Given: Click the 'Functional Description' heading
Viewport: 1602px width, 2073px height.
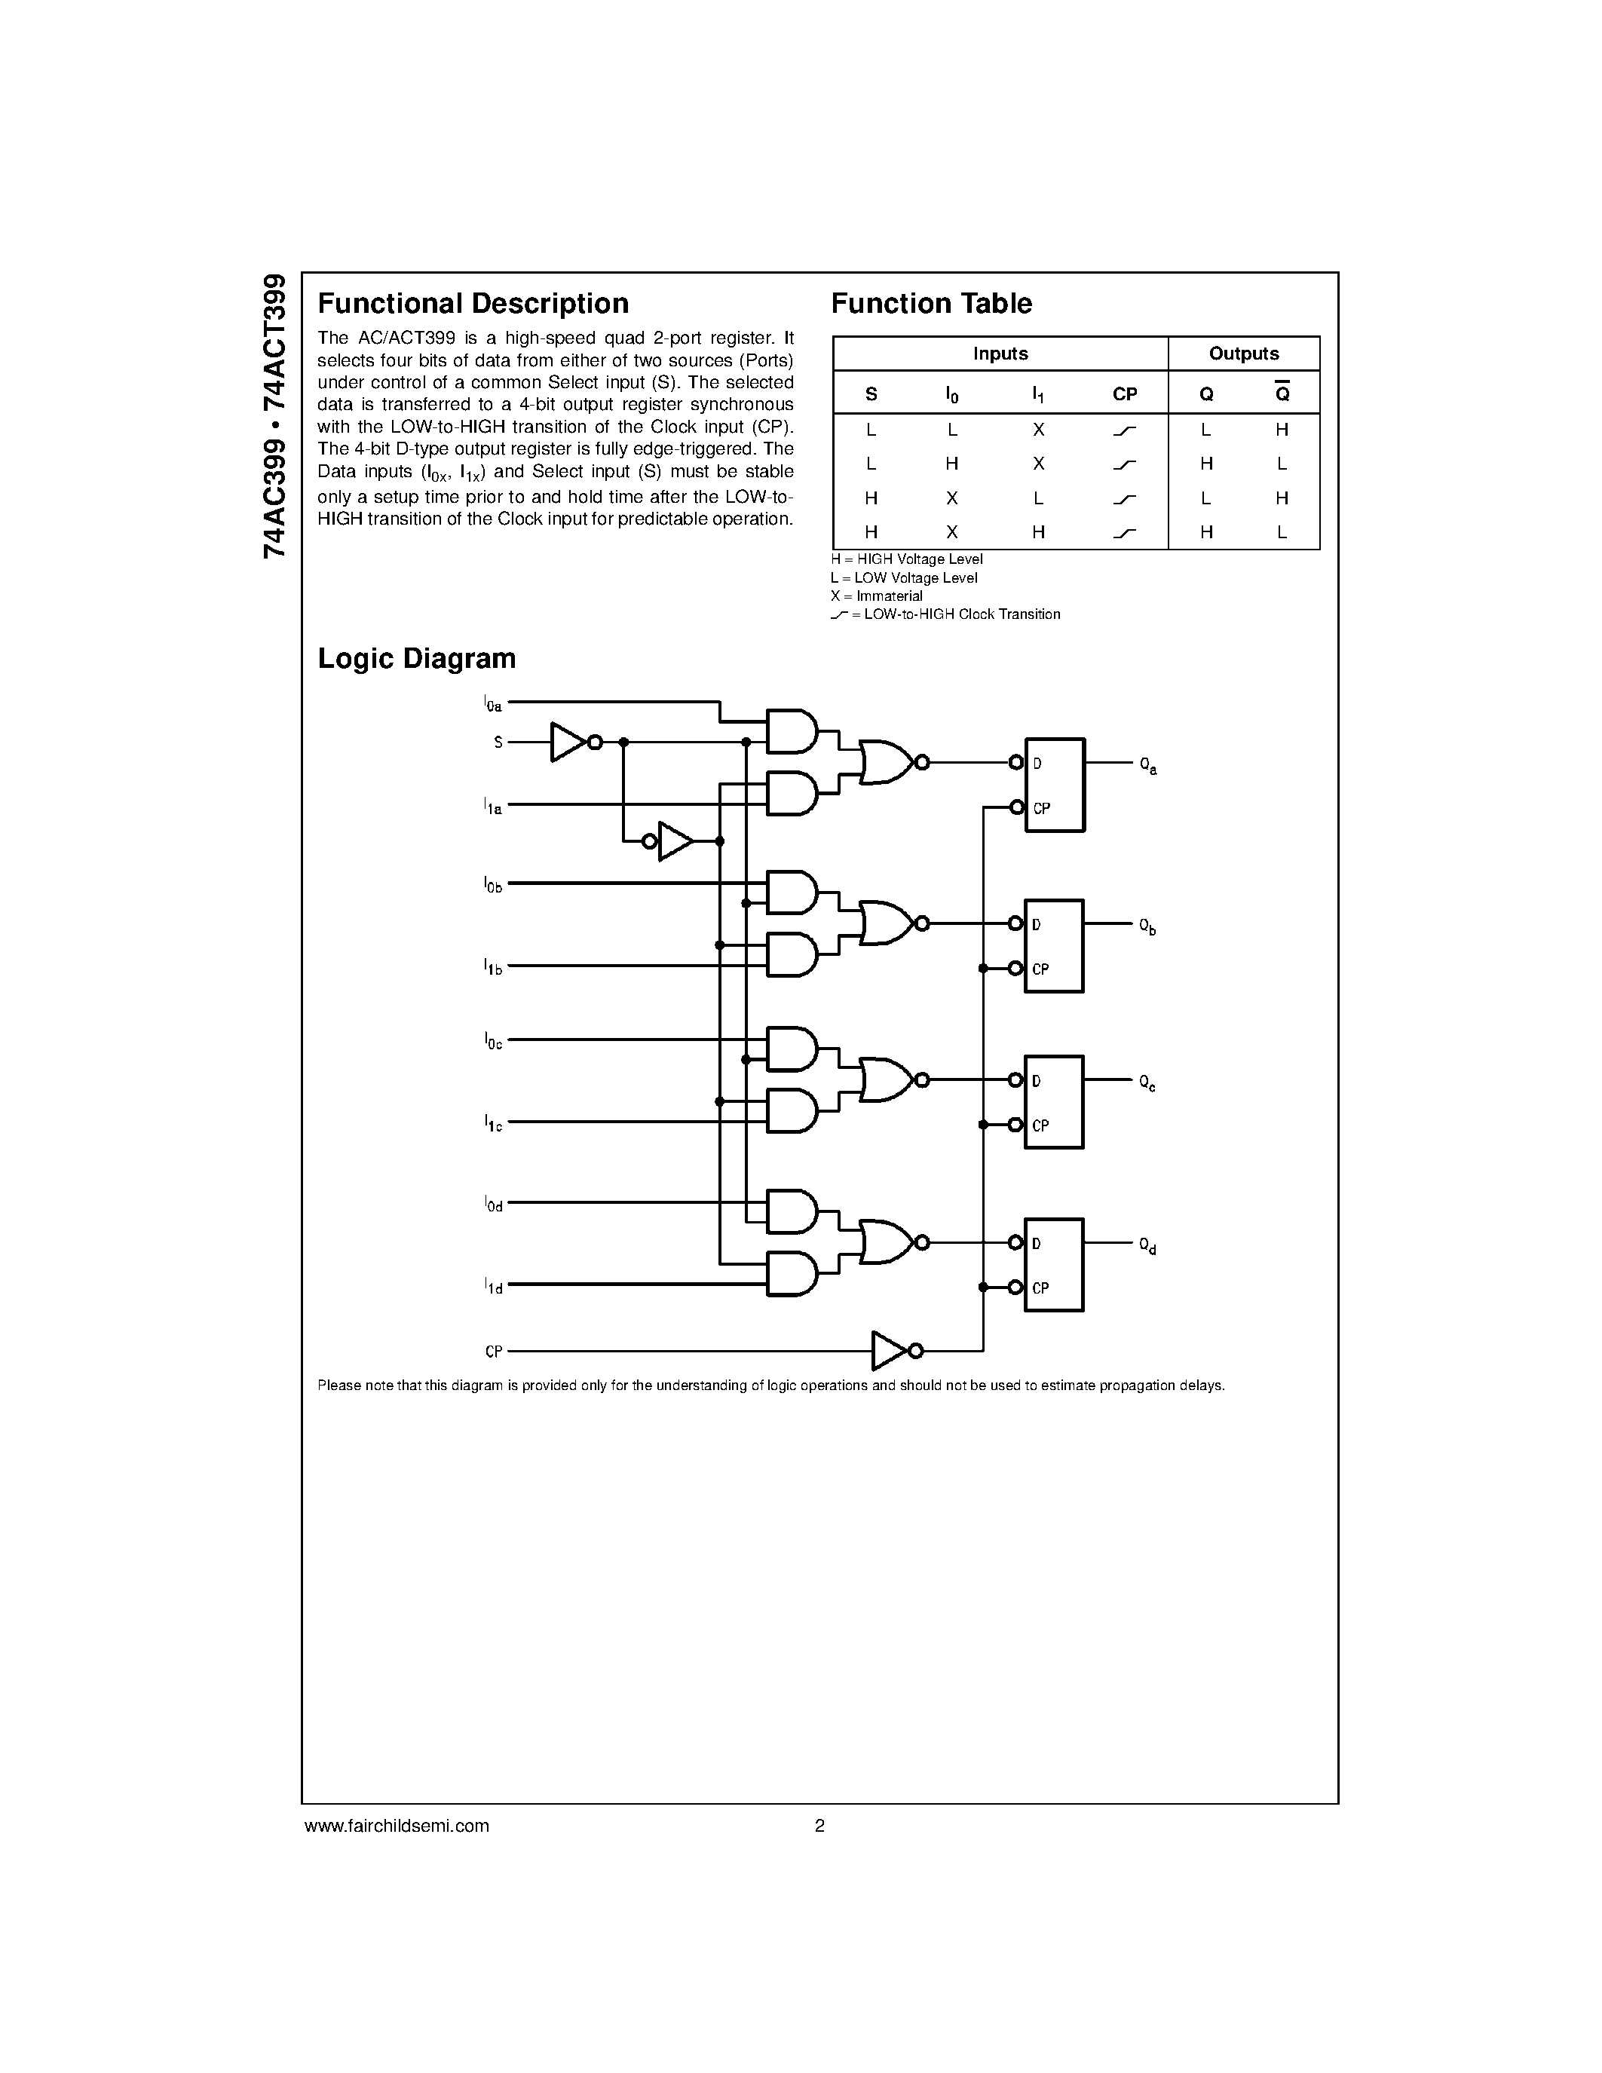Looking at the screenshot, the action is tap(473, 304).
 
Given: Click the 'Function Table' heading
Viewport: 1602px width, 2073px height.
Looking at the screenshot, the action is tap(931, 304).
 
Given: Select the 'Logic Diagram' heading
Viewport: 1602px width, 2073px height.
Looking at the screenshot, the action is tap(417, 659).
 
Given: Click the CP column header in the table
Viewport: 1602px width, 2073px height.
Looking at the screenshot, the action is tap(1125, 394).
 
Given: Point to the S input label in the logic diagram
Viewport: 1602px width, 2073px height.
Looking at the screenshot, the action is tap(498, 743).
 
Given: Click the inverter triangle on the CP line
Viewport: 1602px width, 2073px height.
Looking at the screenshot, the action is tap(890, 1351).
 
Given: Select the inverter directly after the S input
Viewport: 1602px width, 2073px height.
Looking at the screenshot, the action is tap(568, 743).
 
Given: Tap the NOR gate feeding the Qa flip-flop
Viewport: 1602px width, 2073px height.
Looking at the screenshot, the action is tap(887, 762).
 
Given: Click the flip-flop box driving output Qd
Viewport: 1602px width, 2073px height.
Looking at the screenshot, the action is tap(1053, 1264).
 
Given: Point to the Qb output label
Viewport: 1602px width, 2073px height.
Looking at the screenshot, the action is tap(1147, 926).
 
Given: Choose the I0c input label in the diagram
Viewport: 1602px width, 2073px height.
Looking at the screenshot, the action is tap(492, 1041).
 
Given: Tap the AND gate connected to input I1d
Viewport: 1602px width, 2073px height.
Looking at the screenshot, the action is tap(792, 1274).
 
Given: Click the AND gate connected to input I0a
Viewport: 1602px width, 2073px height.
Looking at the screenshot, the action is tap(792, 731).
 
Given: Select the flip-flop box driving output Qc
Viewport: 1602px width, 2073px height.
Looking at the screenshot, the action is tap(1053, 1102).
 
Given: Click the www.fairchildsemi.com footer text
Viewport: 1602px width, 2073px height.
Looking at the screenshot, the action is tap(397, 1825).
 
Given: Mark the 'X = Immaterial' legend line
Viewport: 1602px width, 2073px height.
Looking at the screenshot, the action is tap(876, 596).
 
